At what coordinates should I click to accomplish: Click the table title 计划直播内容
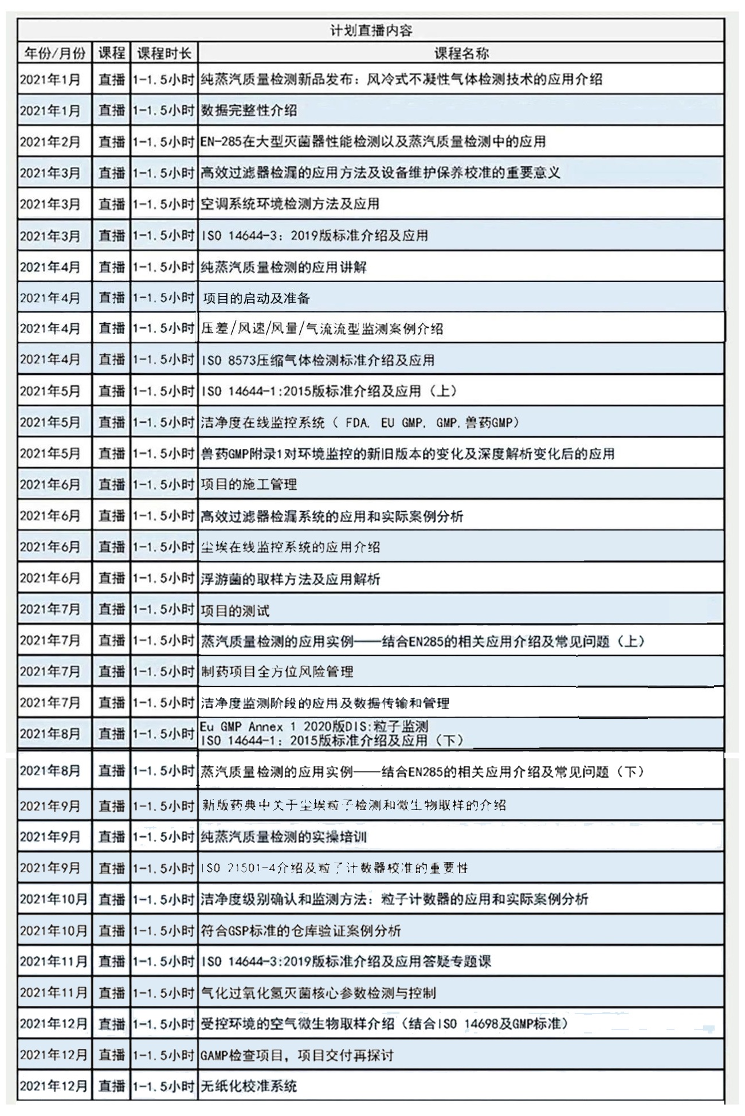[371, 30]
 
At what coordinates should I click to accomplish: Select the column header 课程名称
[461, 53]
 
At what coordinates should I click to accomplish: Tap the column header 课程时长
[164, 53]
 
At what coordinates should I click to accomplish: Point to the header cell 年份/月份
[54, 53]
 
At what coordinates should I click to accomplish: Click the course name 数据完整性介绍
[249, 111]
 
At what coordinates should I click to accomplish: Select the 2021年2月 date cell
[50, 142]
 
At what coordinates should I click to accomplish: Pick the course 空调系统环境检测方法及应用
[290, 204]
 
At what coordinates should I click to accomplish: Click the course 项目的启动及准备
[256, 298]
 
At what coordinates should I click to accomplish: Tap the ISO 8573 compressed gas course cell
[317, 360]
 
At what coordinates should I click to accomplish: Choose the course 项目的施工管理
[249, 485]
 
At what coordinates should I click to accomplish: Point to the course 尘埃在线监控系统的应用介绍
[290, 547]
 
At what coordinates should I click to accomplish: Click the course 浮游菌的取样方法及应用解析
[290, 578]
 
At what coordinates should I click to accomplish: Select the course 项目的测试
[235, 610]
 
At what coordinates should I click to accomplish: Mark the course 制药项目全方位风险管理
[277, 671]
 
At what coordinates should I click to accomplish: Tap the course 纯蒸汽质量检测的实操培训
[283, 837]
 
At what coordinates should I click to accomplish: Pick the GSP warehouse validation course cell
[301, 930]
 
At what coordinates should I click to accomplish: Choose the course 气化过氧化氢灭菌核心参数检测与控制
[318, 993]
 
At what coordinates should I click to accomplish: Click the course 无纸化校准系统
[249, 1086]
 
